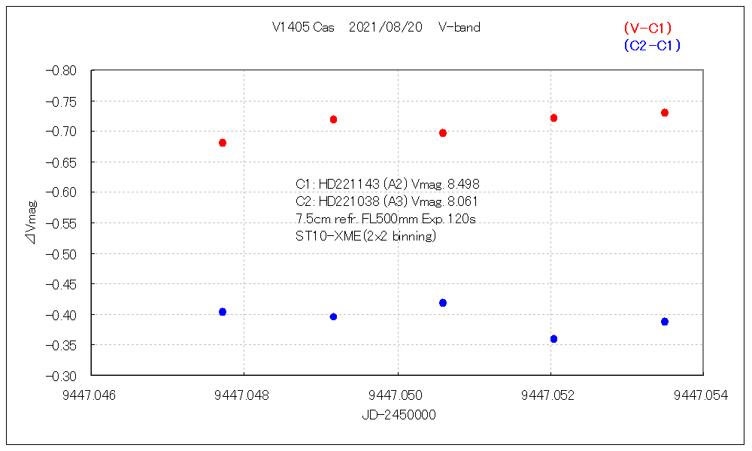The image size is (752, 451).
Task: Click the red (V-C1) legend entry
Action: pos(647,28)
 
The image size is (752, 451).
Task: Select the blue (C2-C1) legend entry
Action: pos(652,46)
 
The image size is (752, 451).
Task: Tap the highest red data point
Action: pos(665,113)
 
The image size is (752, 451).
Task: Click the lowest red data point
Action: pos(223,143)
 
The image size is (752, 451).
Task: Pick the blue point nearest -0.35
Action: pos(553,339)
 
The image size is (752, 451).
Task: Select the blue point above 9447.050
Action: pos(443,303)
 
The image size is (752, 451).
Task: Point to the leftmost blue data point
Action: pos(223,312)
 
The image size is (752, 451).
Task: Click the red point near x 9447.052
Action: pos(553,118)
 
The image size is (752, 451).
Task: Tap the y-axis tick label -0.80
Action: pos(61,71)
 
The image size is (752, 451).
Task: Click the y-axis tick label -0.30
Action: pos(61,376)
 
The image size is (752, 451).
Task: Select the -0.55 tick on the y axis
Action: pos(61,223)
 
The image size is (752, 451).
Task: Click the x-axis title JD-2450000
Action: pos(398,415)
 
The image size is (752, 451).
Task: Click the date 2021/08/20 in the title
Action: pos(386,28)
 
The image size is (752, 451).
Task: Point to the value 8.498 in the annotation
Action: pos(462,184)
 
